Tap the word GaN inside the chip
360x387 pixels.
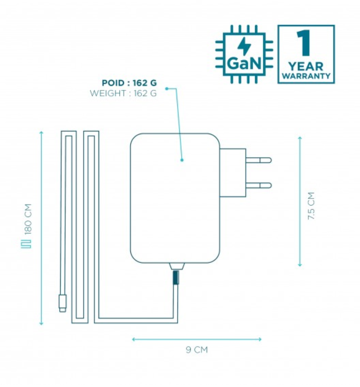pyautogui.click(x=244, y=64)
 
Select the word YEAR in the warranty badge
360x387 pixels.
pyautogui.click(x=306, y=67)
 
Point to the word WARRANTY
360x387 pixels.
pyautogui.click(x=306, y=76)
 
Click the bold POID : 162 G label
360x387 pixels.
pyautogui.click(x=129, y=83)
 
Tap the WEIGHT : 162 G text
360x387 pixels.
pyautogui.click(x=123, y=93)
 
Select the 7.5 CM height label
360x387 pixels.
pyautogui.click(x=311, y=206)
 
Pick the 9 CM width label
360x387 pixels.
pyautogui.click(x=197, y=350)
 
